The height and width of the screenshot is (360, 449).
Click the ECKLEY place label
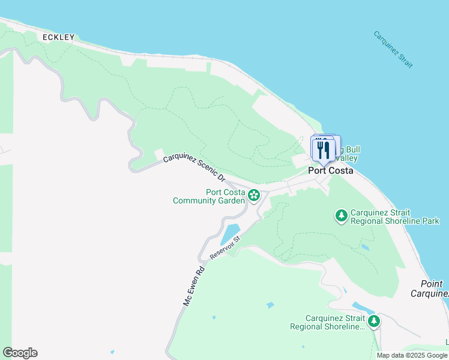click(x=59, y=37)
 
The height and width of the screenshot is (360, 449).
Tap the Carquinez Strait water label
click(x=393, y=49)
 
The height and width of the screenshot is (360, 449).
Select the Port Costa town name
click(x=330, y=170)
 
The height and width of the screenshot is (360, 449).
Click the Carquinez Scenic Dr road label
click(x=194, y=168)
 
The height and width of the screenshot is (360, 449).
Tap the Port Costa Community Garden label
click(x=208, y=196)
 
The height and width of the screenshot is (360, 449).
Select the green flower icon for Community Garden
click(x=255, y=194)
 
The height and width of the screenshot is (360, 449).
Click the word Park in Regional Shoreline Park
click(x=430, y=221)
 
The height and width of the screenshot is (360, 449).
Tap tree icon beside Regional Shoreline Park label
click(x=341, y=215)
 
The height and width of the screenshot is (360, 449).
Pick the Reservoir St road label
click(x=225, y=248)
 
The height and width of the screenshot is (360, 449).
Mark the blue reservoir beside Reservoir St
click(x=231, y=233)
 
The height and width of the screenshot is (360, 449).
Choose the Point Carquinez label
click(x=430, y=289)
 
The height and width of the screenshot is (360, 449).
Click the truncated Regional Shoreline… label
click(x=327, y=322)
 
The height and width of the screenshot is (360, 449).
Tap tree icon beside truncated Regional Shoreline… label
click(x=374, y=321)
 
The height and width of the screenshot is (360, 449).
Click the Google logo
click(x=20, y=353)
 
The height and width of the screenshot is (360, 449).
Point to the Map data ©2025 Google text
click(x=412, y=355)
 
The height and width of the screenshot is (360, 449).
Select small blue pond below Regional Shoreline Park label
click(x=365, y=247)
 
